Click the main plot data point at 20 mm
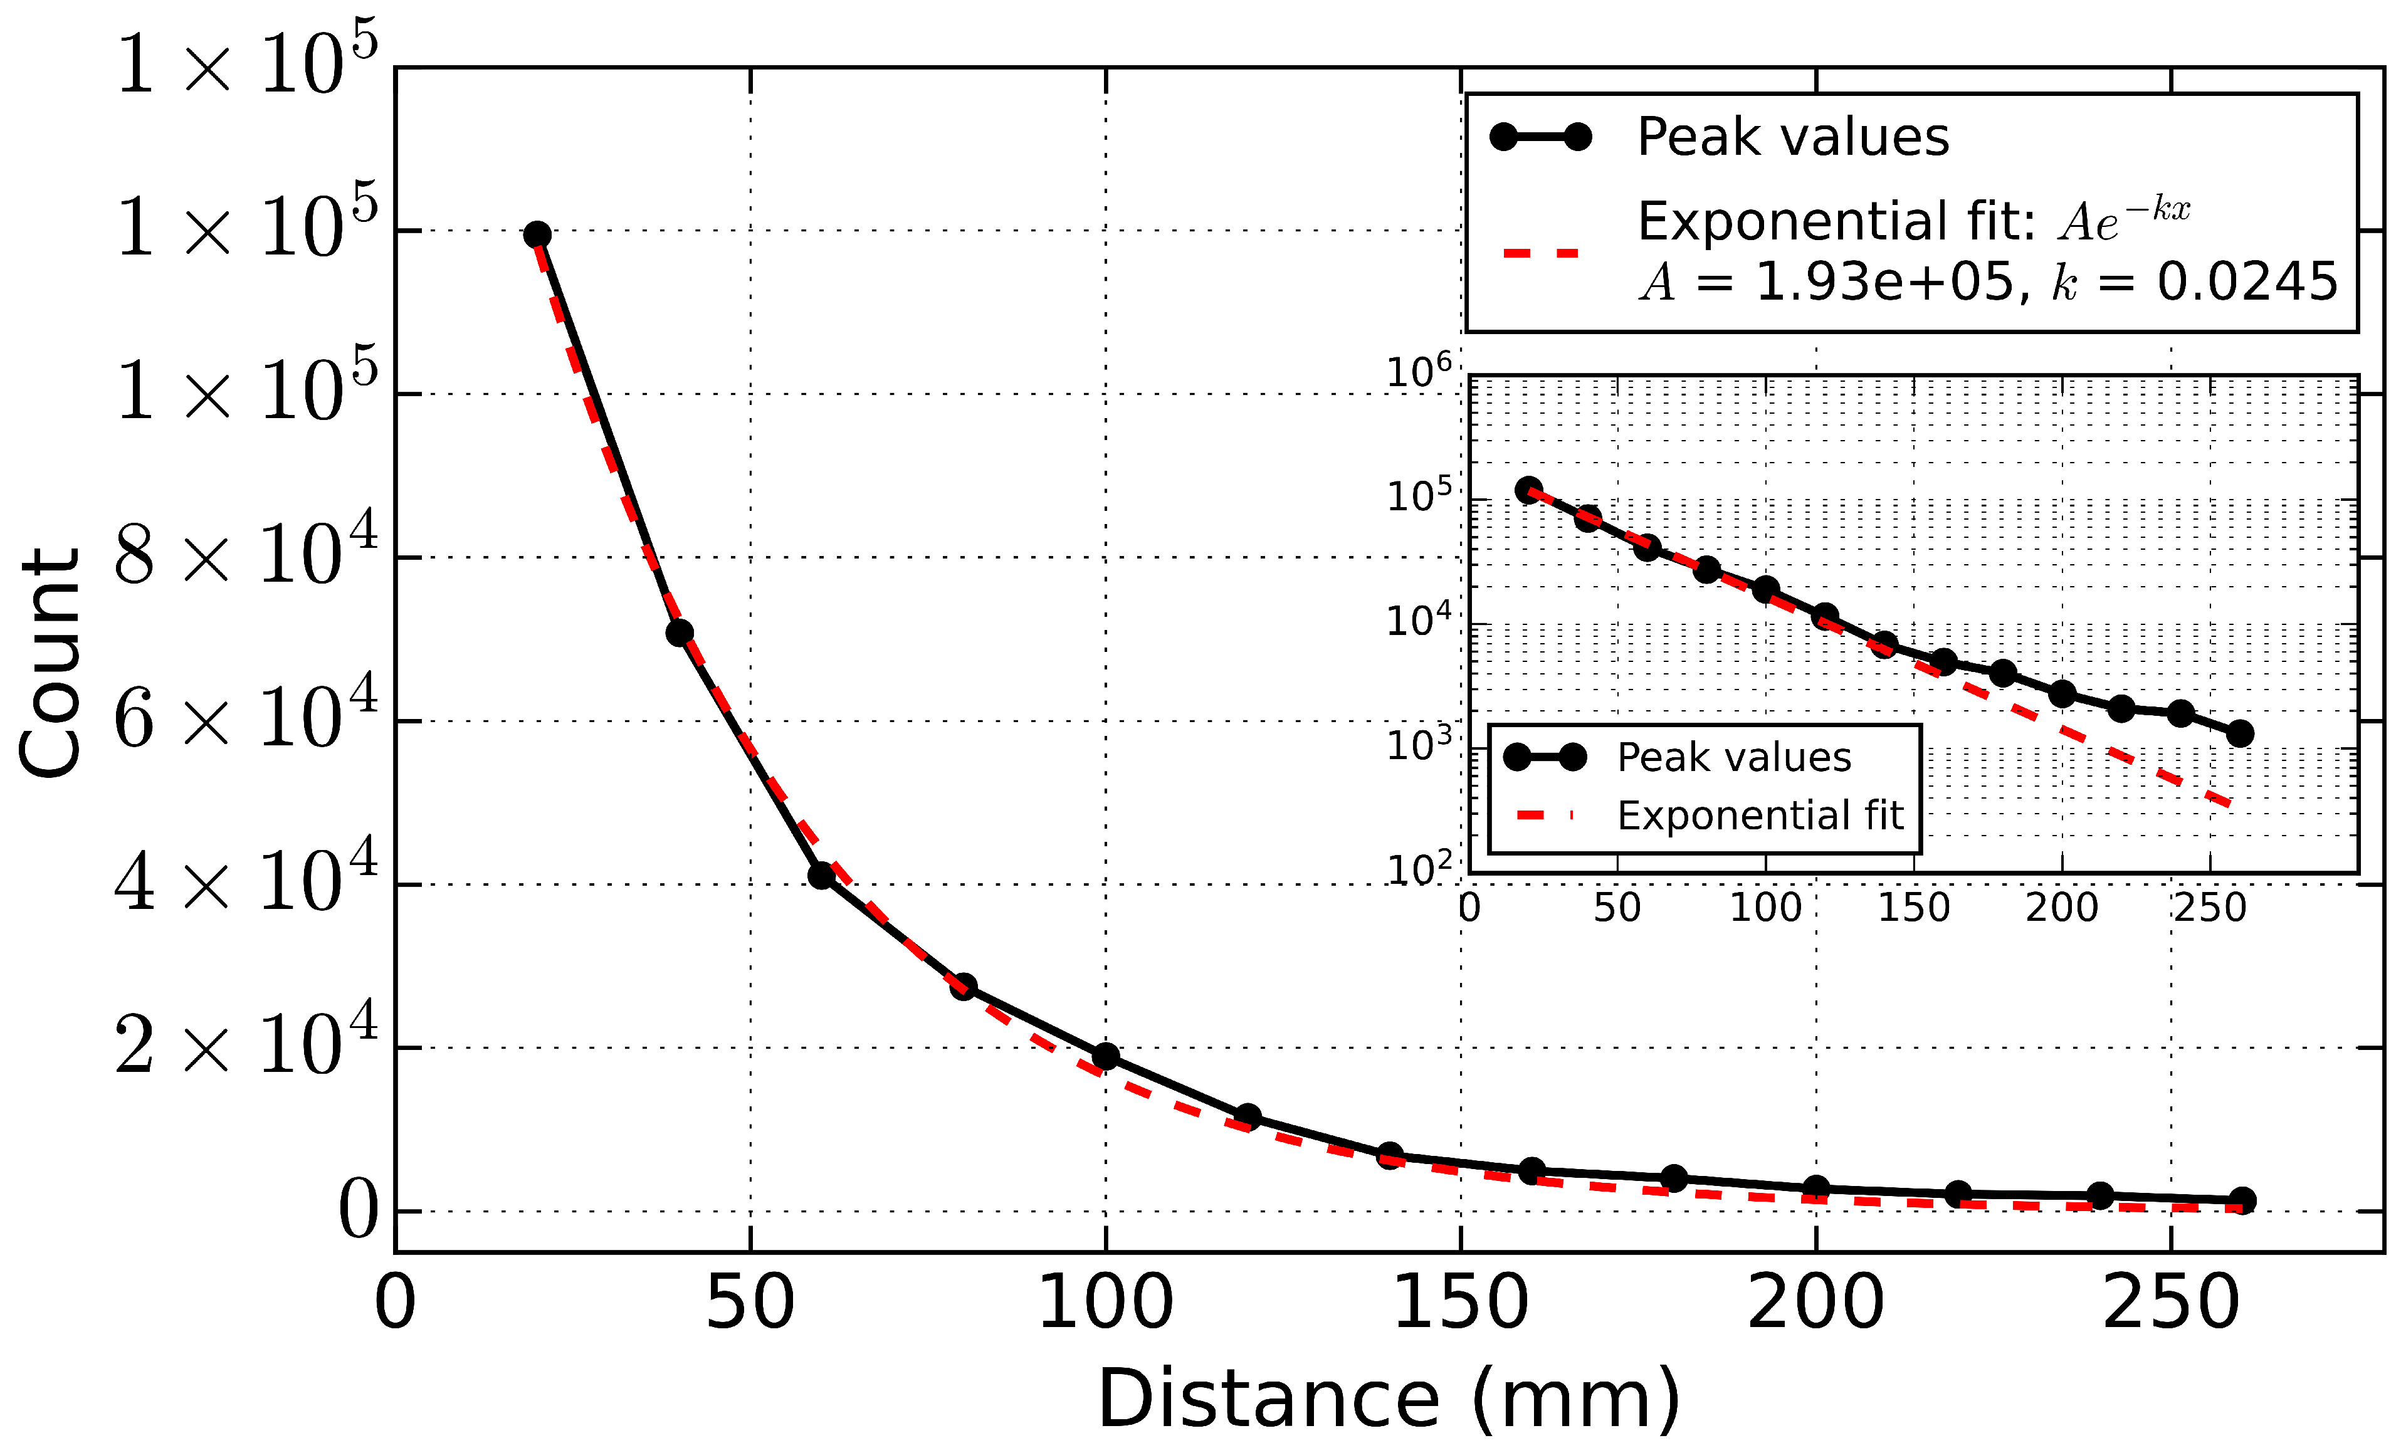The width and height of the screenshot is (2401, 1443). pyautogui.click(x=537, y=234)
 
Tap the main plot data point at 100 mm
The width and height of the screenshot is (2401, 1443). pyautogui.click(x=1106, y=1056)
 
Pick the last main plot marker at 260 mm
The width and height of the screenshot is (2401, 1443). pyautogui.click(x=2242, y=1200)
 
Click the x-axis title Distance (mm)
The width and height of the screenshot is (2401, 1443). pyautogui.click(x=1389, y=1398)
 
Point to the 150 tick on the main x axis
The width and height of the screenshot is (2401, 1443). pyautogui.click(x=1461, y=1303)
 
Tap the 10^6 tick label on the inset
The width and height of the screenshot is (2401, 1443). pyautogui.click(x=1418, y=372)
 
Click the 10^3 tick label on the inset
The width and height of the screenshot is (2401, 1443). pyautogui.click(x=1418, y=745)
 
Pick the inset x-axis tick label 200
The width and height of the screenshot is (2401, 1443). pyautogui.click(x=2062, y=907)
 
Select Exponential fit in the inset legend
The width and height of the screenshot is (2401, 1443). pyautogui.click(x=1759, y=815)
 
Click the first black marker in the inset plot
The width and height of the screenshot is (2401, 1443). pyautogui.click(x=1529, y=490)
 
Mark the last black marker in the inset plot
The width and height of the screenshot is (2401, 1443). pyautogui.click(x=2239, y=733)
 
